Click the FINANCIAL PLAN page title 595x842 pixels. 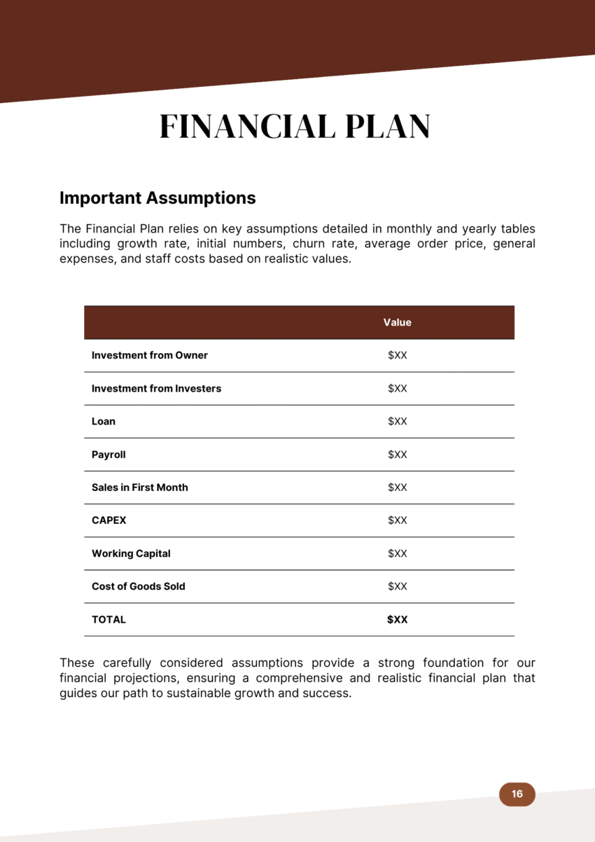point(295,127)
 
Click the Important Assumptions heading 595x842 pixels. point(157,198)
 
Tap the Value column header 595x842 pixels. point(397,323)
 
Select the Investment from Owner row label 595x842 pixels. point(149,355)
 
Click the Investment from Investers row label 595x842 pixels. point(156,389)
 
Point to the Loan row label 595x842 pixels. point(104,422)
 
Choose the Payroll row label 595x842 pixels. point(108,455)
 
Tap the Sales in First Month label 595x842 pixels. point(139,488)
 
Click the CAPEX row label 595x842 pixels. point(108,520)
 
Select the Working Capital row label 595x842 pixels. point(131,553)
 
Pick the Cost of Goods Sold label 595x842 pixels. point(138,586)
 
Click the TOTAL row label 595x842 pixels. point(108,620)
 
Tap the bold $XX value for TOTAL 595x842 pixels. point(397,620)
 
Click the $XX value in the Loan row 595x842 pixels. point(397,422)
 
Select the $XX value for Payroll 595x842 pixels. point(397,455)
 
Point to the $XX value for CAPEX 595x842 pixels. point(397,520)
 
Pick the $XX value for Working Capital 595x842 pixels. point(397,553)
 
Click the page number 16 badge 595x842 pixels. point(517,794)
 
